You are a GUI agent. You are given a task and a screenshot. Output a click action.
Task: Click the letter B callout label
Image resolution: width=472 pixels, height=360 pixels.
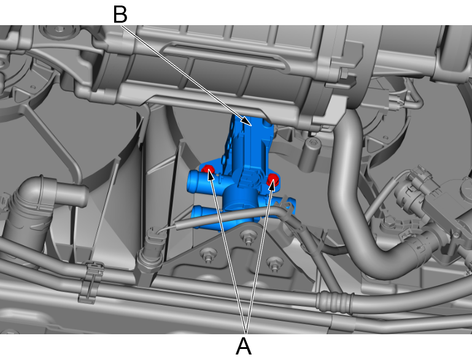(120, 14)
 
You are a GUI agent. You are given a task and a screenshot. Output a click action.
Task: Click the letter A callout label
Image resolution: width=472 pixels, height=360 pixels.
(244, 346)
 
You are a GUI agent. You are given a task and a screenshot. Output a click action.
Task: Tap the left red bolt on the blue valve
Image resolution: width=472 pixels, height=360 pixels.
(207, 169)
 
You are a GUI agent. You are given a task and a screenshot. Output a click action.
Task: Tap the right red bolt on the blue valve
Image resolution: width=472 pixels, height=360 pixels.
(273, 179)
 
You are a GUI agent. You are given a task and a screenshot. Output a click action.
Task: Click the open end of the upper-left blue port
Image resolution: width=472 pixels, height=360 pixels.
(192, 182)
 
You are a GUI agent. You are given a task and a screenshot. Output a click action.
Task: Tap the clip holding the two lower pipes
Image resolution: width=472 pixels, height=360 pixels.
(90, 281)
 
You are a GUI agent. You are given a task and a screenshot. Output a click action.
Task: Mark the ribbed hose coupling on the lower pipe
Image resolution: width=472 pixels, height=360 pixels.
(335, 302)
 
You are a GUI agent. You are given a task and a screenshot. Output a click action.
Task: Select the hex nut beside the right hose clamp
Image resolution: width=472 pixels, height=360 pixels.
(390, 223)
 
